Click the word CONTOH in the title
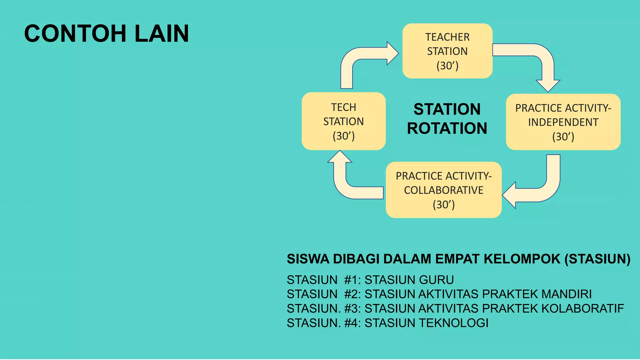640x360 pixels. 75,33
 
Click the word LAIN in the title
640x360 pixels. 162,33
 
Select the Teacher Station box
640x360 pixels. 447,51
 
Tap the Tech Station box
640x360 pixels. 343,121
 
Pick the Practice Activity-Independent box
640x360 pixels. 563,122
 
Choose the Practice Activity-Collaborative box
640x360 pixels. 443,190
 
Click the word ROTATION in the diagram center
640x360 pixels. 447,128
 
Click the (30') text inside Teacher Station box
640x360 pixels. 447,66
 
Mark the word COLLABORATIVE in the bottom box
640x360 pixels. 443,190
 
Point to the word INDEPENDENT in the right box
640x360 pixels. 563,122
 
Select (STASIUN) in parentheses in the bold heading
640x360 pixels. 597,259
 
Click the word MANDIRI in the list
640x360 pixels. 566,294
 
